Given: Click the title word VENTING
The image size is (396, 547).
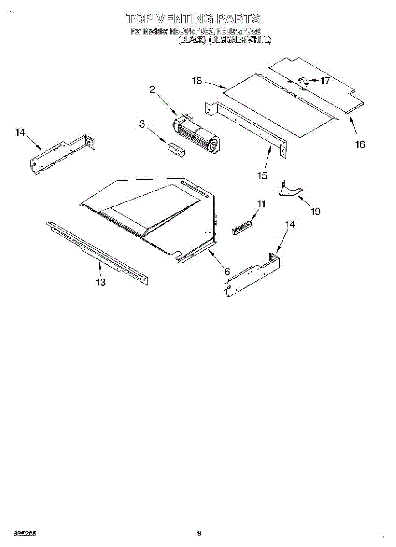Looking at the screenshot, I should point(185,19).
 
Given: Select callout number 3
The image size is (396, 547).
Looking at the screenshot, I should point(143,124).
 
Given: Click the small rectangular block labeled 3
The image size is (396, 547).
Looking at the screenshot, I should point(176,150).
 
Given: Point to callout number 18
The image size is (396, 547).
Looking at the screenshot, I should point(197,81).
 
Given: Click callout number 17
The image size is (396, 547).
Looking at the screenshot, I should point(325,82).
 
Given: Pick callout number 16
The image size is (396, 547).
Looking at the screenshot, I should point(360,144).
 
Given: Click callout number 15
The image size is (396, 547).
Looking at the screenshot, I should point(262,176).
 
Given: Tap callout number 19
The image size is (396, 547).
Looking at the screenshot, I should point(315,211).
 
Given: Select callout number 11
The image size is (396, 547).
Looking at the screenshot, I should point(261,204).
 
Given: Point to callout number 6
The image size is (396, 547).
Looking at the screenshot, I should point(226,272).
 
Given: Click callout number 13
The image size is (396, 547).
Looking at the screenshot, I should point(101,283).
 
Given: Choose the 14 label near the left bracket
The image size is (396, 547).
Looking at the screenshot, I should point(20,133).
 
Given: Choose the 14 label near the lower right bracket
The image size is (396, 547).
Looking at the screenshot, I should point(290,224).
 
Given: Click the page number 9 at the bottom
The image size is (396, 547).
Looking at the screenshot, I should point(199,532).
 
